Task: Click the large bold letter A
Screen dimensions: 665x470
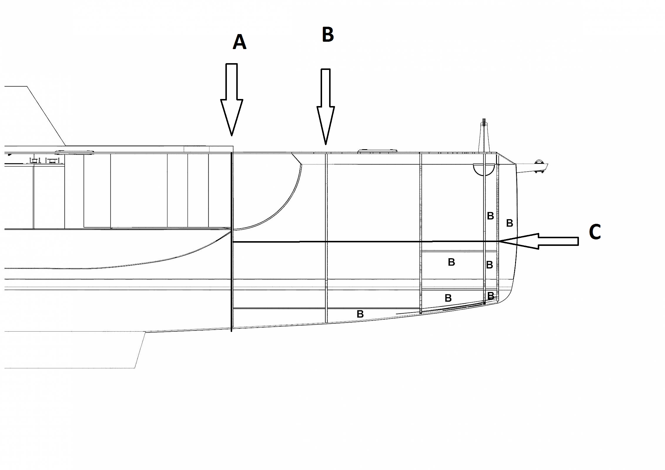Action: point(239,42)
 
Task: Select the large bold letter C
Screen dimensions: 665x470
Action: point(595,232)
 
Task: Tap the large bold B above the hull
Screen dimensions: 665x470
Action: point(328,34)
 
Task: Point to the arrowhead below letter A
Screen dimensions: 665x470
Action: point(232,117)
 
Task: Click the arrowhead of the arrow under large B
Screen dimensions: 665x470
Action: point(326,125)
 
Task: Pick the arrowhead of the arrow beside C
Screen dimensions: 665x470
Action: point(519,241)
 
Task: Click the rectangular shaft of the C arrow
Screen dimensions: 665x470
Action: point(559,241)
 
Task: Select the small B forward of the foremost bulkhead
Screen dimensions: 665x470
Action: point(510,223)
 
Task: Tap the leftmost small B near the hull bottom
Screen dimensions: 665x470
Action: point(360,314)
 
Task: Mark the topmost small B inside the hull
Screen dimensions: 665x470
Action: point(490,216)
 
